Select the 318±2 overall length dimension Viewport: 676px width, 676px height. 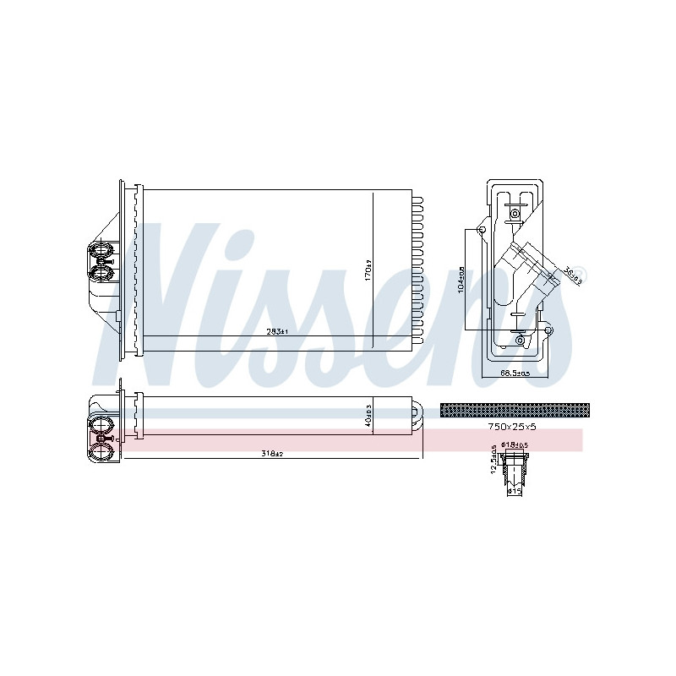coord(272,454)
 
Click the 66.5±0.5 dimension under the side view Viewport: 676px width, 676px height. coord(514,372)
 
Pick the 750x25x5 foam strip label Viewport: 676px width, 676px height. coord(513,428)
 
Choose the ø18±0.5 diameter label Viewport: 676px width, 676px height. coord(515,444)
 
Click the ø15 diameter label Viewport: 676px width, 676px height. coord(514,490)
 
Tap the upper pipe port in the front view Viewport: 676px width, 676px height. coord(101,251)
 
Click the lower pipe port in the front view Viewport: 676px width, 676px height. coord(101,273)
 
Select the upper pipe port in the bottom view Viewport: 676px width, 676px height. coord(101,423)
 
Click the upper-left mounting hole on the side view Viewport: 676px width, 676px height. coord(481,228)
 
